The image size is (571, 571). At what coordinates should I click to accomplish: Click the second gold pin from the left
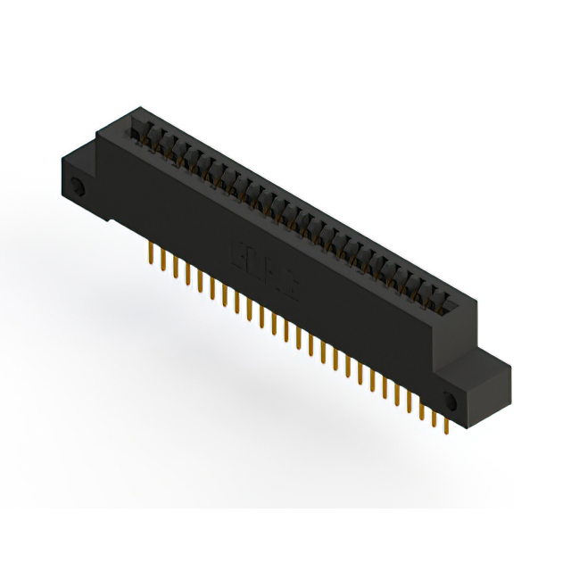[161, 258]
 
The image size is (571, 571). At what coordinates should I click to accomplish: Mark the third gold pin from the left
[173, 264]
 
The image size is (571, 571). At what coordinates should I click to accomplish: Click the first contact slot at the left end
[140, 132]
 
